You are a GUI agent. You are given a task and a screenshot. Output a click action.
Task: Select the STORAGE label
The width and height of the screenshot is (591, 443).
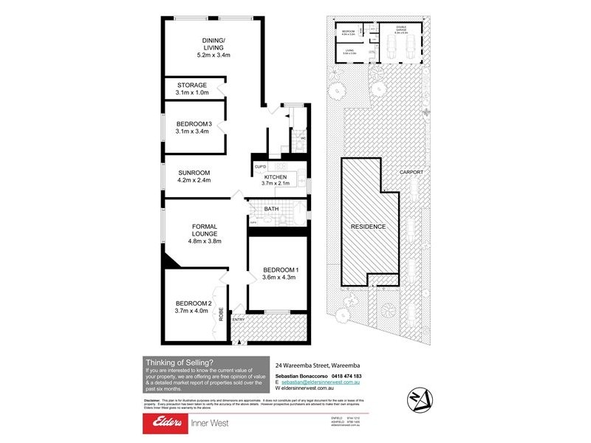[192, 85]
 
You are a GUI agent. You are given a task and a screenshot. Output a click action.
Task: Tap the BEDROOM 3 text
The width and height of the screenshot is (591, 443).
[194, 123]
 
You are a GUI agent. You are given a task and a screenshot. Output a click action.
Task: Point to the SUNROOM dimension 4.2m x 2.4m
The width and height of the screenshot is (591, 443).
[194, 179]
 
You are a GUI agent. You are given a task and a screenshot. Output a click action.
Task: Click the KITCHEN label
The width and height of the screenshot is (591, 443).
[275, 177]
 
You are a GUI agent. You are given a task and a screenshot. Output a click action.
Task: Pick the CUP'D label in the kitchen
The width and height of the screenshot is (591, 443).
[260, 168]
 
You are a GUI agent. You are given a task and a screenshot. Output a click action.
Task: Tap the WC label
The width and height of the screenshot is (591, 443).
[302, 138]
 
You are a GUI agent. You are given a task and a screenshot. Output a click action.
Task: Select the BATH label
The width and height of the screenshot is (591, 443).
[271, 209]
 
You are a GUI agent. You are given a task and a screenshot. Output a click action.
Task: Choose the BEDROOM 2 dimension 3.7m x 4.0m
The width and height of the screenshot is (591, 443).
[193, 311]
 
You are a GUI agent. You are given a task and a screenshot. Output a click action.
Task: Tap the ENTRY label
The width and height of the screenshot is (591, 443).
[239, 320]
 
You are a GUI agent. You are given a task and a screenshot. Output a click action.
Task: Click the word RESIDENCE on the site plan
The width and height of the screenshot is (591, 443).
[368, 226]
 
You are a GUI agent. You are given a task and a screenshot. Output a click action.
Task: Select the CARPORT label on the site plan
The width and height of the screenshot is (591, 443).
[411, 172]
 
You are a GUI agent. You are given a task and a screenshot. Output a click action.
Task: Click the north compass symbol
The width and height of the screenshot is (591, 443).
[419, 398]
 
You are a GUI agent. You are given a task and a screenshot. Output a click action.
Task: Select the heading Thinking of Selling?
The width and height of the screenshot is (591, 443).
[180, 362]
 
